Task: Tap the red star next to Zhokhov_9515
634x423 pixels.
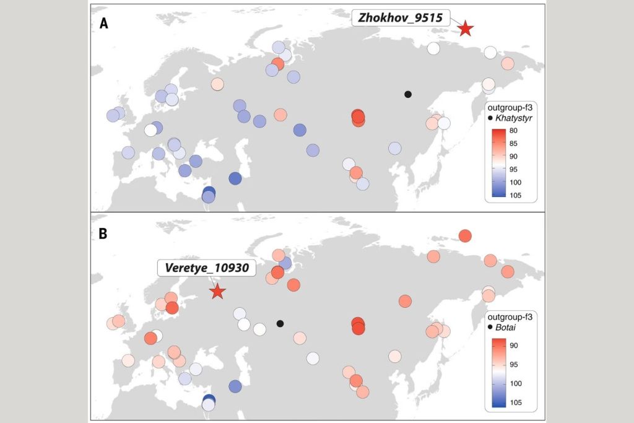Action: point(465,28)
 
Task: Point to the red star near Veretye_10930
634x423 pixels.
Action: point(217,292)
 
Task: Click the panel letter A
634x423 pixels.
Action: point(105,24)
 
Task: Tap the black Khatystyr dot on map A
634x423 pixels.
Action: point(407,94)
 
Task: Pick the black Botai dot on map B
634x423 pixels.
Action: point(280,323)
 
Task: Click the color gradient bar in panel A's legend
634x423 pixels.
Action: point(498,163)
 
